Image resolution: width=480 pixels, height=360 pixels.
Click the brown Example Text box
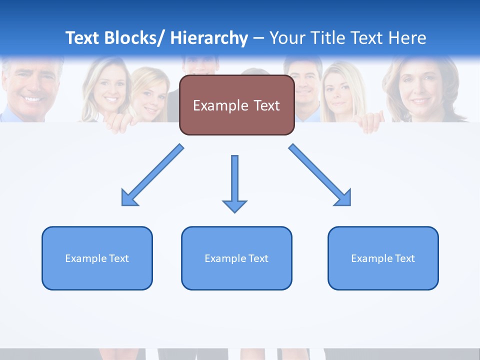point(236,105)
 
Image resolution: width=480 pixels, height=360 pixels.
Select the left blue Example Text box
point(97,258)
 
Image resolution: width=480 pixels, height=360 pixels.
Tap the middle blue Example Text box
point(236,258)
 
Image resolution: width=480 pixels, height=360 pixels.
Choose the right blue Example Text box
point(383,258)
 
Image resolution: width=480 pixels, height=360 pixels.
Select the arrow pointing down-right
point(320,175)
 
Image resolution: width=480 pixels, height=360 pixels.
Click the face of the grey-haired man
point(30,85)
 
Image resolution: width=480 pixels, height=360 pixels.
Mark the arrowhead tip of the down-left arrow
point(122,205)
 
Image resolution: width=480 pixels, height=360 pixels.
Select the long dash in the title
point(258,38)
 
